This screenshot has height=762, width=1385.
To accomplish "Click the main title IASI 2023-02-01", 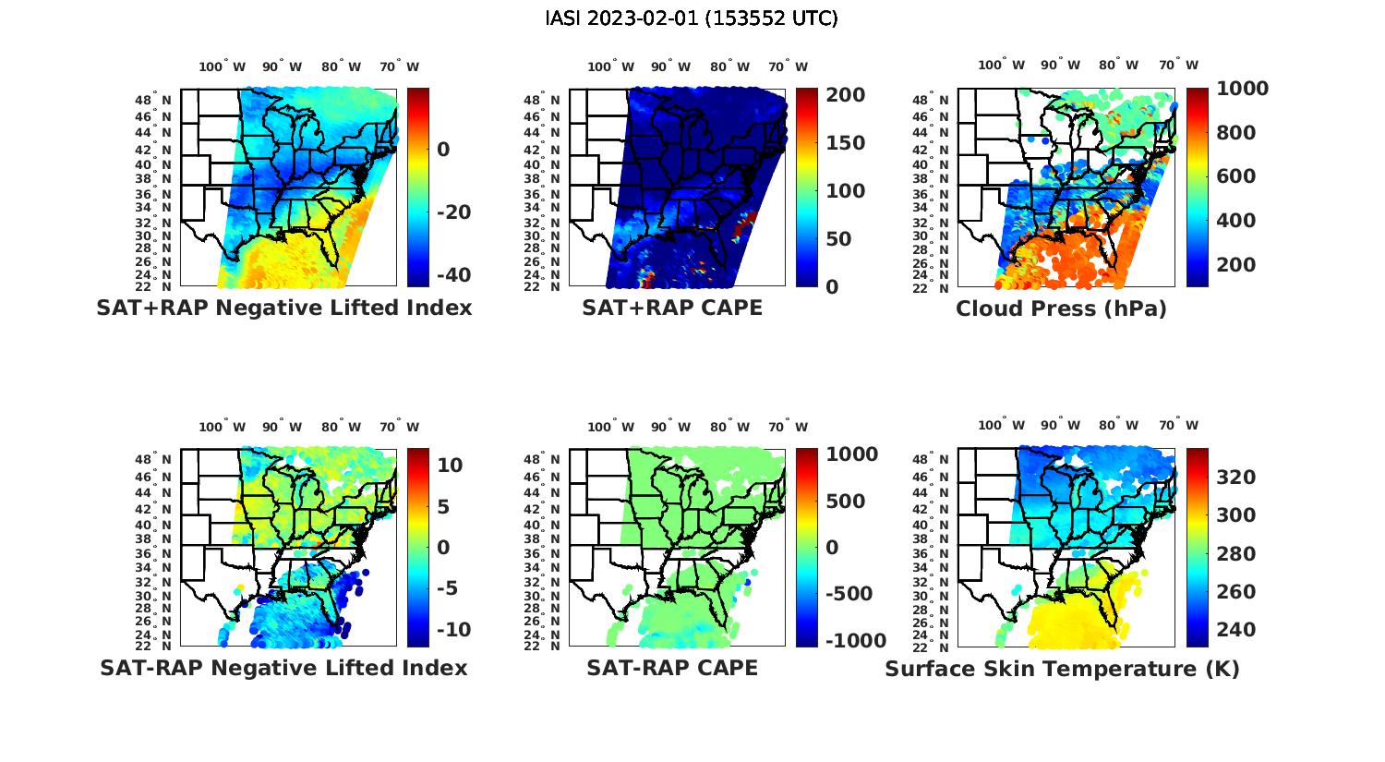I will [692, 18].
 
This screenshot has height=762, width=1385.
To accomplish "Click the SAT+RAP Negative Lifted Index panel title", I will [283, 308].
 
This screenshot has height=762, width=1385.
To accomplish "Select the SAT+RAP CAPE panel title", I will [672, 308].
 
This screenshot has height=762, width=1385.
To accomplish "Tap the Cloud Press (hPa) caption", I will [1061, 308].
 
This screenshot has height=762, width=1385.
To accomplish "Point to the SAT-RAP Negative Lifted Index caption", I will [283, 668].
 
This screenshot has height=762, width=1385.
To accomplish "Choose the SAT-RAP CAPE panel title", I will [672, 668].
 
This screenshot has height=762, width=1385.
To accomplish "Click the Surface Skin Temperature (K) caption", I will [1062, 669].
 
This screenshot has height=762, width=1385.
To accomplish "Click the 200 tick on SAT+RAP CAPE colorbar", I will [846, 95].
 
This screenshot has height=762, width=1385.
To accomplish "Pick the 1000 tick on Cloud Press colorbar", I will [1242, 89].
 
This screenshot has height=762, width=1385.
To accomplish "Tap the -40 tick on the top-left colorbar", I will [453, 275].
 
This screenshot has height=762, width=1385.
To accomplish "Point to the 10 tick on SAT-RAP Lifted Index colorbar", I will [450, 465].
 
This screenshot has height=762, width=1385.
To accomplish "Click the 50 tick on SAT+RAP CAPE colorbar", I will [837, 239].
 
